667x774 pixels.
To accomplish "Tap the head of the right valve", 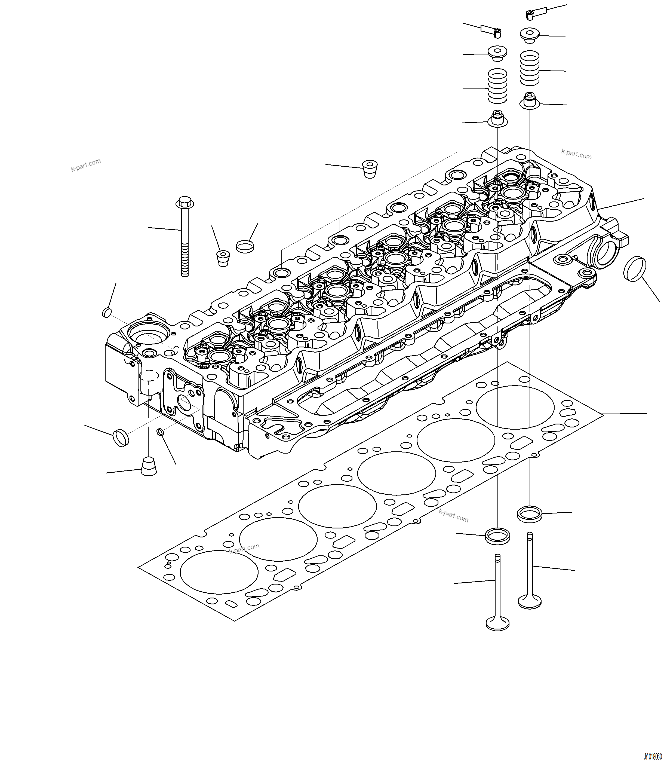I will pyautogui.click(x=530, y=601).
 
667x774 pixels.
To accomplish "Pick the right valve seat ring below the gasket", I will pyautogui.click(x=530, y=514).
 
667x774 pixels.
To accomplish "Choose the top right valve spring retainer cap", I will pyautogui.click(x=530, y=35).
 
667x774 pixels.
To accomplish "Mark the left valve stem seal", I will pyautogui.click(x=497, y=118).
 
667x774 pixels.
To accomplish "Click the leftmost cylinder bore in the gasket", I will pyautogui.click(x=219, y=572).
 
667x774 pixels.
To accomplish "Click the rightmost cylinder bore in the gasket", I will pyautogui.click(x=515, y=408).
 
